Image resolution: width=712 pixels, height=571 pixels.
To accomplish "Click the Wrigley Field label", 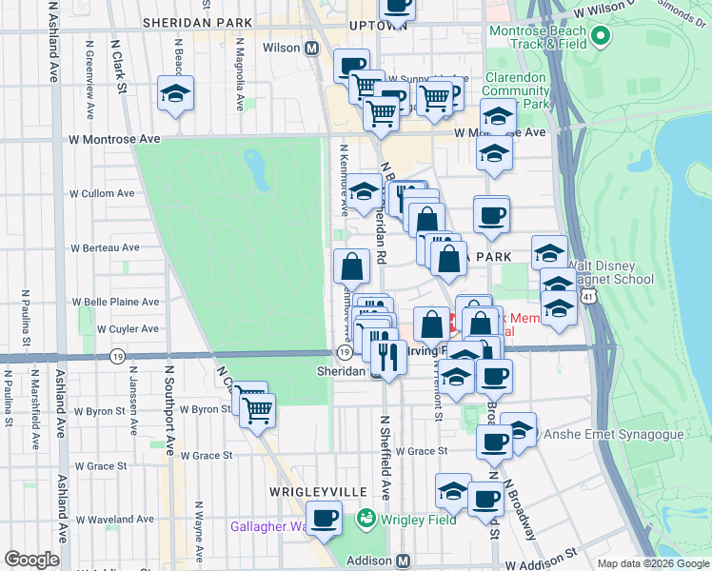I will click(418, 520).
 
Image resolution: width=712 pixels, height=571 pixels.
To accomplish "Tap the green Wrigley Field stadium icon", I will click(365, 520).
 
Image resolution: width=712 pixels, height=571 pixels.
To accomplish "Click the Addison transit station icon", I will click(404, 561).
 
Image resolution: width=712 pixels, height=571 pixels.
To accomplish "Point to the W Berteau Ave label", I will click(105, 247).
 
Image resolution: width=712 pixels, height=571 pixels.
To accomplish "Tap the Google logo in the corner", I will click(32, 560).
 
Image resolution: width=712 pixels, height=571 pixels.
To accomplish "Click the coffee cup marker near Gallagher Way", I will click(324, 518).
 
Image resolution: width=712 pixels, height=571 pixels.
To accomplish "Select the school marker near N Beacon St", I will click(175, 93).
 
